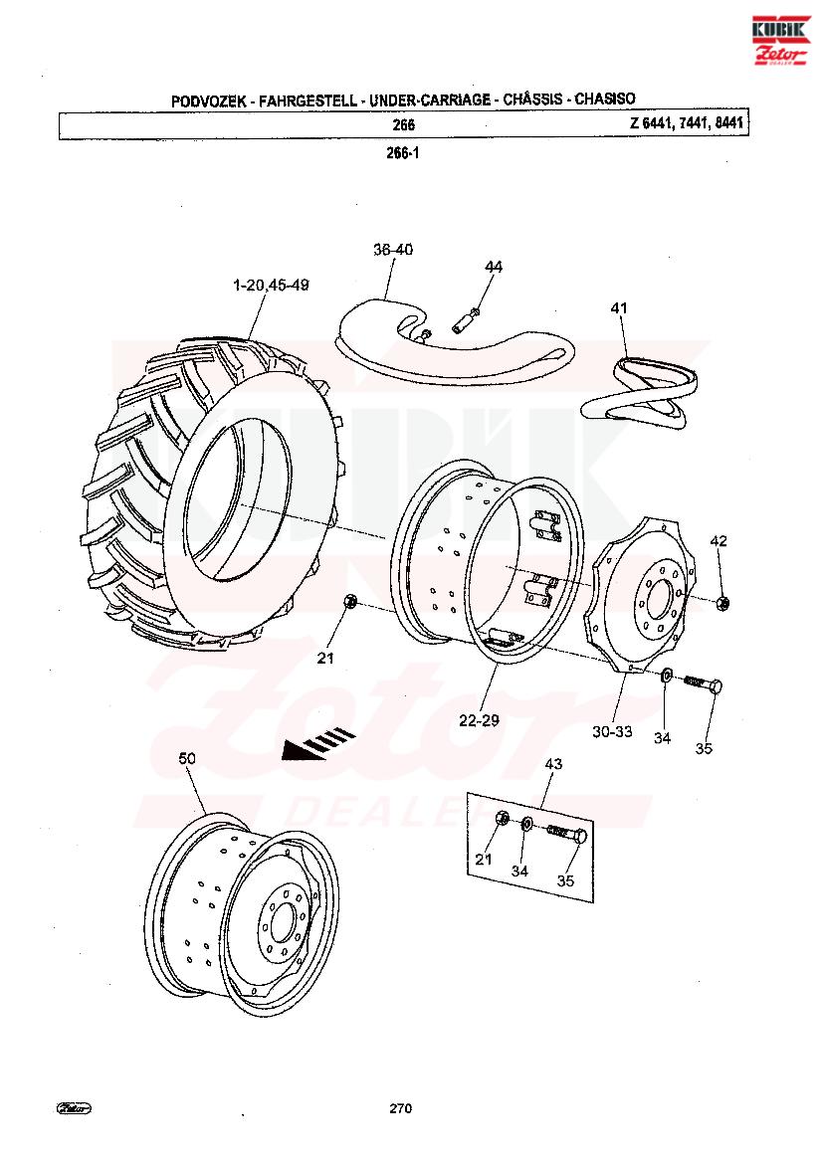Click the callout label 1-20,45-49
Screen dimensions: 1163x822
point(271,285)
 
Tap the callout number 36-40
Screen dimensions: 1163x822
point(393,250)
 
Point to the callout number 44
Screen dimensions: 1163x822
point(494,266)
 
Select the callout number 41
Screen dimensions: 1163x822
point(619,307)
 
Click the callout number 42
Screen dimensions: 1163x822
point(719,541)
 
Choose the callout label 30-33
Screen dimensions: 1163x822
point(611,731)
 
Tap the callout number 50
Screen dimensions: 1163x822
point(187,758)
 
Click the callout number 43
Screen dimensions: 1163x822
point(554,763)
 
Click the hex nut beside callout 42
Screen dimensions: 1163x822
point(724,602)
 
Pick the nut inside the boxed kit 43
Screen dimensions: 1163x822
point(504,818)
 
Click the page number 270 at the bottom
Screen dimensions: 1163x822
point(401,1108)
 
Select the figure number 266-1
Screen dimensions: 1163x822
point(402,154)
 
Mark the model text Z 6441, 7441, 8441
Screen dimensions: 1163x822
point(688,123)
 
